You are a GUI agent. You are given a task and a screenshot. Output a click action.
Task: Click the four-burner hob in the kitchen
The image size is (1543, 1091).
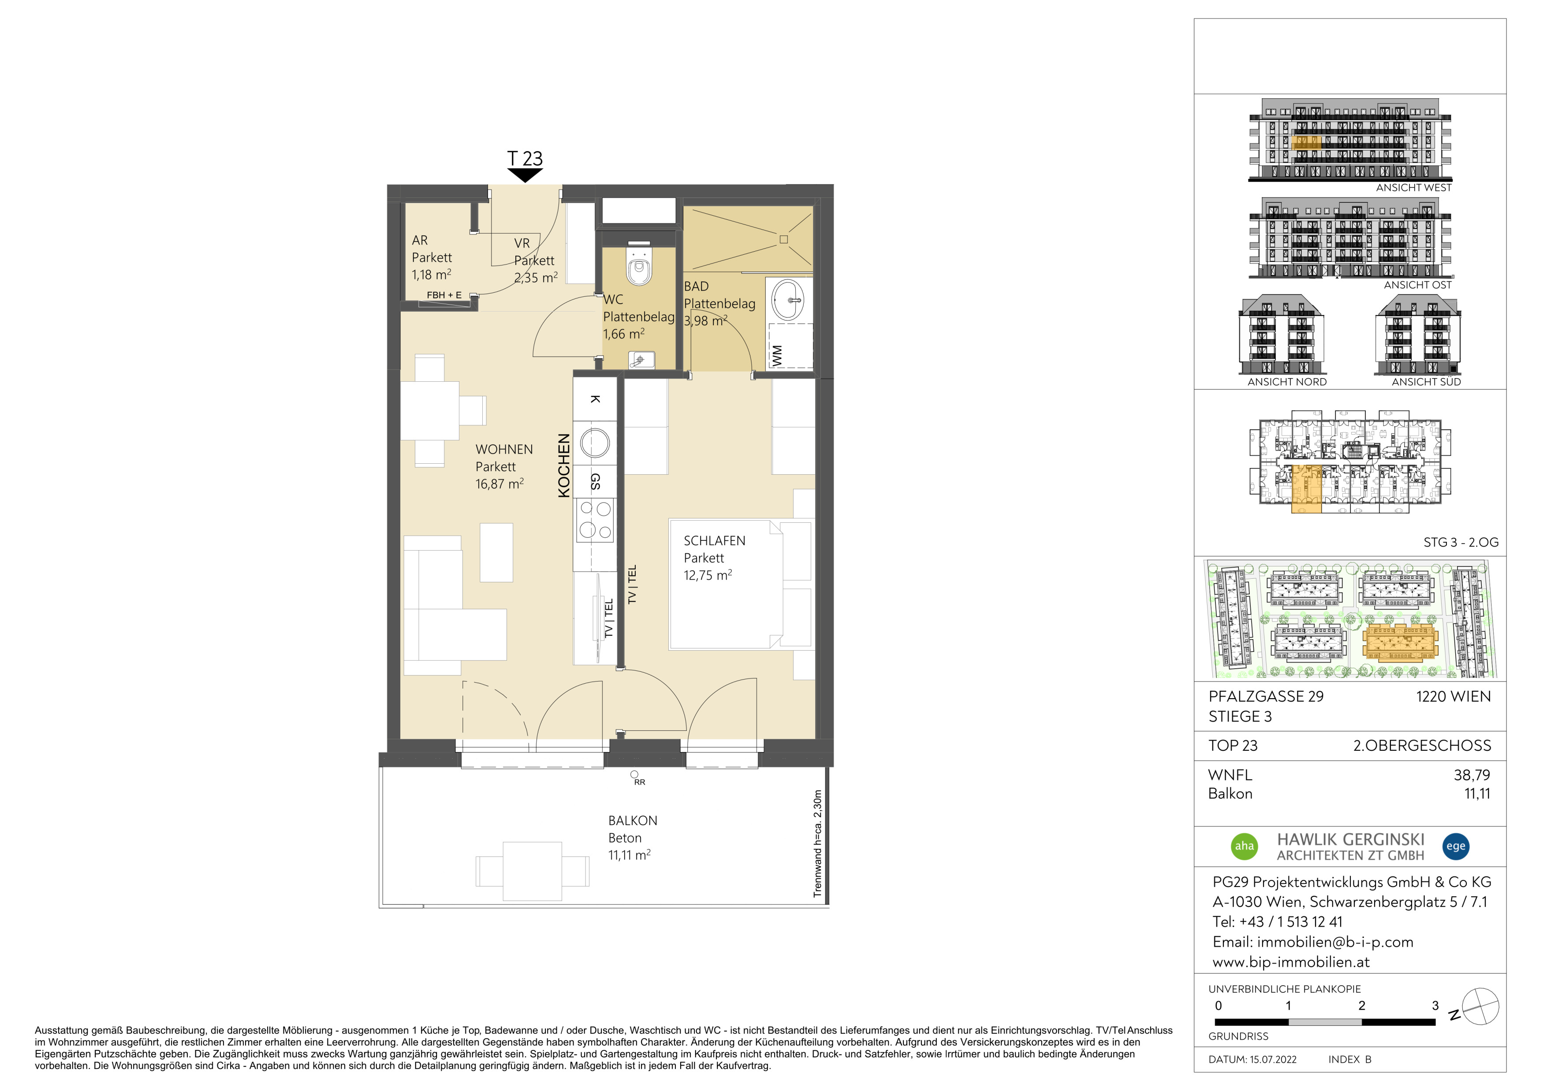pyautogui.click(x=596, y=520)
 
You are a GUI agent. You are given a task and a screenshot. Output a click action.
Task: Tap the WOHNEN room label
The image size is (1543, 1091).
pyautogui.click(x=504, y=450)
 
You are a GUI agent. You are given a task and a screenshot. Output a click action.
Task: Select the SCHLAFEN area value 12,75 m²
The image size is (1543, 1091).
pyautogui.click(x=708, y=575)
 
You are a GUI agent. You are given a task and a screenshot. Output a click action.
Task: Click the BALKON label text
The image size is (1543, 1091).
pyautogui.click(x=632, y=820)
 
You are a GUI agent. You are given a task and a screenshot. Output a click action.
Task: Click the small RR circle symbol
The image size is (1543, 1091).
pyautogui.click(x=634, y=774)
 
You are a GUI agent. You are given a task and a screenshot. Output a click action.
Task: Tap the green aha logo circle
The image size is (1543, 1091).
pyautogui.click(x=1245, y=846)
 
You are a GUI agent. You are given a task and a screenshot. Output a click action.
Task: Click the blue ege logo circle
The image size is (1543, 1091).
pyautogui.click(x=1456, y=846)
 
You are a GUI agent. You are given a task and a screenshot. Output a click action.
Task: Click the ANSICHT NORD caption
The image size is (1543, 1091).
pyautogui.click(x=1287, y=382)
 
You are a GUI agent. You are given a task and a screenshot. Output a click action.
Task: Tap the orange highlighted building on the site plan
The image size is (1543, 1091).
pyautogui.click(x=1400, y=642)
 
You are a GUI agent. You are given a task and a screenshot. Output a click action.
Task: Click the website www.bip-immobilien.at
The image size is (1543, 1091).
pyautogui.click(x=1291, y=961)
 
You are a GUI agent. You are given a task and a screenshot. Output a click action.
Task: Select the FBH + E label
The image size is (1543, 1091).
pyautogui.click(x=444, y=295)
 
